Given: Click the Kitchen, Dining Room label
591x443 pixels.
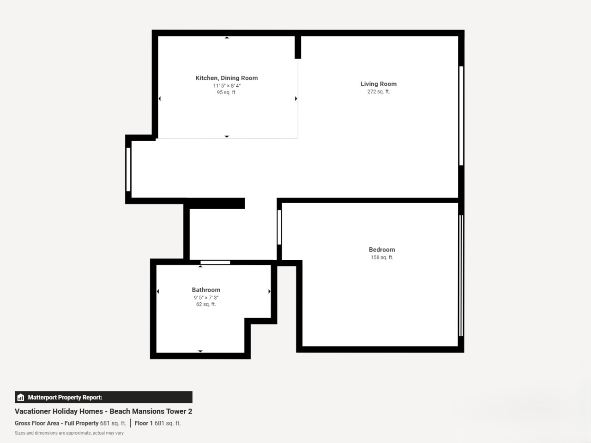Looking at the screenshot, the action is tap(226, 78).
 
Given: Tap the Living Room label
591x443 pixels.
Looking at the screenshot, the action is tap(379, 84).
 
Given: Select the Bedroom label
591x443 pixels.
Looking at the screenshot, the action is tap(382, 250).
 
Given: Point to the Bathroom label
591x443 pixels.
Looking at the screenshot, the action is tap(206, 290).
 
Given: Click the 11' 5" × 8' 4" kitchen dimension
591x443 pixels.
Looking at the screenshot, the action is tap(227, 86).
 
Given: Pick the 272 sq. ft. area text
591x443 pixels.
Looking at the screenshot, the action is tap(379, 92).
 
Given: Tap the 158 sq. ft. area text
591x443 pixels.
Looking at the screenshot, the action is tap(382, 257).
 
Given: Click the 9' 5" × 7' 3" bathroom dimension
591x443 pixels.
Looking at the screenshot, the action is tap(206, 298).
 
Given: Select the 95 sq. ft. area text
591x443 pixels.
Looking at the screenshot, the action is tap(227, 92).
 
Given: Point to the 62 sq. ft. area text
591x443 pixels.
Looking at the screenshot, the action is tap(206, 304).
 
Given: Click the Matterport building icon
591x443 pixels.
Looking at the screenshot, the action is tap(21, 397).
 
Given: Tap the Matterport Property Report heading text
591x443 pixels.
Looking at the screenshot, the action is tap(65, 397).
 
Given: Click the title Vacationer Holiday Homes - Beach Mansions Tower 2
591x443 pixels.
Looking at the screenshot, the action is tap(103, 411).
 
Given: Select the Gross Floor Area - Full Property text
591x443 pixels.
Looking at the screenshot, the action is tap(56, 423).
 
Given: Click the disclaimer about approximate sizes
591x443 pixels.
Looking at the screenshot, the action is tap(69, 433).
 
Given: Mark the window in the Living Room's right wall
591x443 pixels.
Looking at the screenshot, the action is tap(461, 116).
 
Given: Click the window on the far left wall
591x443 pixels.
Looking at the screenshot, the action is tap(128, 169).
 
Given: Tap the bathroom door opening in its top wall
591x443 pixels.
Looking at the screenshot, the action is tap(215, 262).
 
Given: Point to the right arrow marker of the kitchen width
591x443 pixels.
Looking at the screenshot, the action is tap(296, 99).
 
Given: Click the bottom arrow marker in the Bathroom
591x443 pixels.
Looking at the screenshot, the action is tap(200, 351).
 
